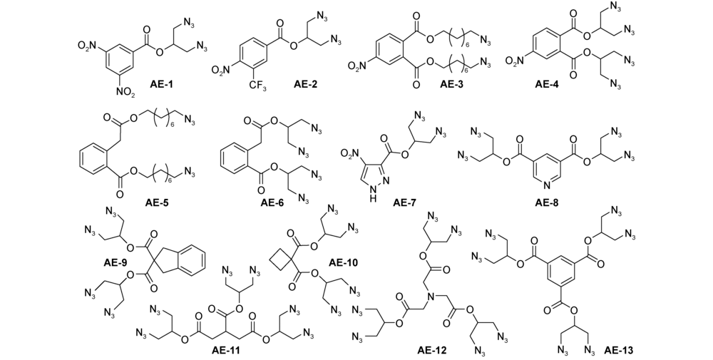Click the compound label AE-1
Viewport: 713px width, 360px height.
164,85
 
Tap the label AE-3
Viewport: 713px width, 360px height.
453,85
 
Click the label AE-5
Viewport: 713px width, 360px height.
158,202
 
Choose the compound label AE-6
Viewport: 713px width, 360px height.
272,202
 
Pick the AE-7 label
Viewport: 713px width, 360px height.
405,202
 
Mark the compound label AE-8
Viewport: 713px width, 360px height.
547,202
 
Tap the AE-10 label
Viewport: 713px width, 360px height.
344,262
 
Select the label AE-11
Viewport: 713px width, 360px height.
226,350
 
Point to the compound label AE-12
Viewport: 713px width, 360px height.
432,350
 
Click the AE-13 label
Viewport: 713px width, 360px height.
618,350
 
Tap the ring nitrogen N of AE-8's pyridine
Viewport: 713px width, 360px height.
547,185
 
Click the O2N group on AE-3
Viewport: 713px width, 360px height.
358,66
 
